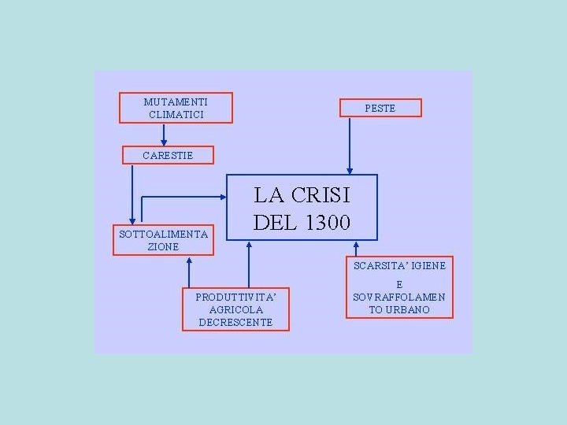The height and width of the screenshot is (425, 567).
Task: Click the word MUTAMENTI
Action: point(176,102)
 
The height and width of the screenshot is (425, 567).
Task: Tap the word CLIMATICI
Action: point(176,115)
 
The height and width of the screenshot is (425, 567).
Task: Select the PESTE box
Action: point(380,108)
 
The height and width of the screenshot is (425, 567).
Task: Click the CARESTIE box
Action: point(168,155)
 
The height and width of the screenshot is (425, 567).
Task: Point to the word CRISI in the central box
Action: point(321,194)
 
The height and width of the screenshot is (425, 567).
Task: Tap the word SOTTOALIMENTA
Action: point(163,234)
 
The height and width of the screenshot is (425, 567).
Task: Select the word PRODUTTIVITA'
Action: point(235,297)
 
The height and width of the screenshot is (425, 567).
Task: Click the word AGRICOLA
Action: point(235,309)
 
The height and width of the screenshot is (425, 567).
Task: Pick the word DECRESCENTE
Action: point(235,322)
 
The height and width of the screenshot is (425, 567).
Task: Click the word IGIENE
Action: point(428,265)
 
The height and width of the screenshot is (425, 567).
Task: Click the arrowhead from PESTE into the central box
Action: point(350,169)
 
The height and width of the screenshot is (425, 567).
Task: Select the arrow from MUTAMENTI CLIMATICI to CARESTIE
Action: point(164,135)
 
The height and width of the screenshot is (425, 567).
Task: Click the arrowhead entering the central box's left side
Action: point(223,195)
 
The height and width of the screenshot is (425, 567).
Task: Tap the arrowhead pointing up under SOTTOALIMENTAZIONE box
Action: point(189,261)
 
